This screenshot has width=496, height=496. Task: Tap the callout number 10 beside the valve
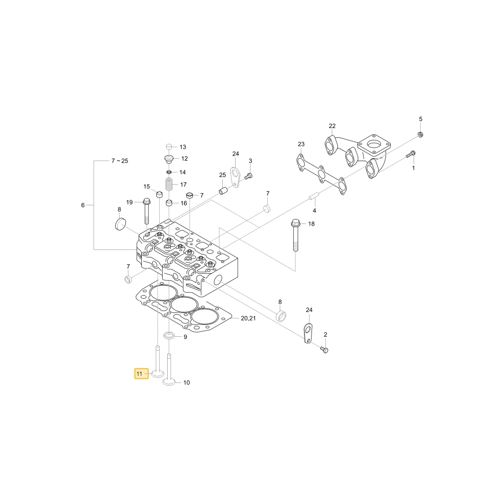pos(186,383)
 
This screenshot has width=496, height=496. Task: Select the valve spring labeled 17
pos(170,184)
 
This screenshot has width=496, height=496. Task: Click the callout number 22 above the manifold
pos(332,126)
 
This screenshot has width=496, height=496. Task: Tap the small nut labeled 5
pos(421,134)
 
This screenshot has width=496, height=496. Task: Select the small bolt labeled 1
pos(411,155)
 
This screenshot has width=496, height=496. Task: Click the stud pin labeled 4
pos(314,196)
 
